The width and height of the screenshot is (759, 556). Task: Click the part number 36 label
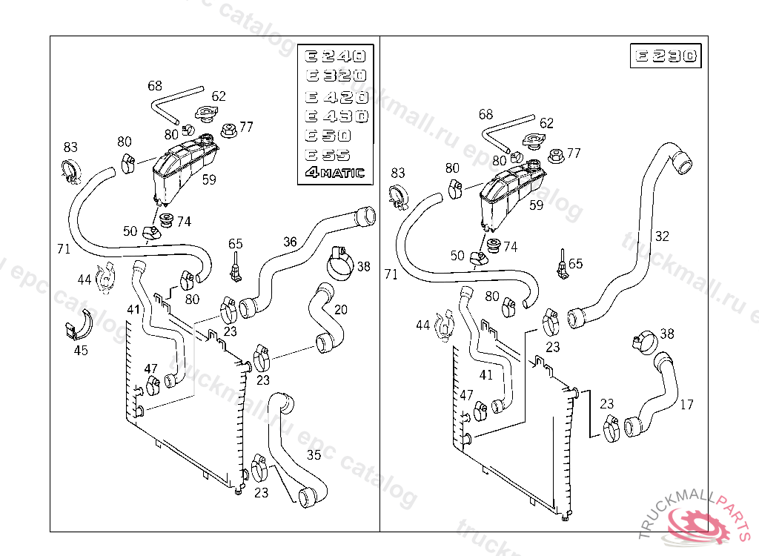pos(290,242)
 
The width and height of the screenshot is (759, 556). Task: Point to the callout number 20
pos(340,309)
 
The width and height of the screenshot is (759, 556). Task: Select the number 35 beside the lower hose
pos(314,454)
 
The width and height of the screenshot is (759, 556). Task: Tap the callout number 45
pos(81,350)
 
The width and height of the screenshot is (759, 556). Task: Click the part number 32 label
pos(662,236)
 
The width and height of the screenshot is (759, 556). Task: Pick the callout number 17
pos(686,405)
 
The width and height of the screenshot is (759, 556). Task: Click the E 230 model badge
pos(664,56)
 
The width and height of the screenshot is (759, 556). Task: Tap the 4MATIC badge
pos(334,173)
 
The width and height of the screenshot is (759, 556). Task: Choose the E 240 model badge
pos(335,56)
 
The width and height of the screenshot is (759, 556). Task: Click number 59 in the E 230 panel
pos(536,205)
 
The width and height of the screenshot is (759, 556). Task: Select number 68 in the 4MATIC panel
pos(155,85)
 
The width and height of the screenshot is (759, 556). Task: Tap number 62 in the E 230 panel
pos(546,123)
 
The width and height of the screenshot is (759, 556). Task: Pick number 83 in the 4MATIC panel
pos(70,147)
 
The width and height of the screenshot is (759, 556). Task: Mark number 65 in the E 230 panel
pos(575,263)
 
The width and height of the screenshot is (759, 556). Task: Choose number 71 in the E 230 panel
pos(391,274)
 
